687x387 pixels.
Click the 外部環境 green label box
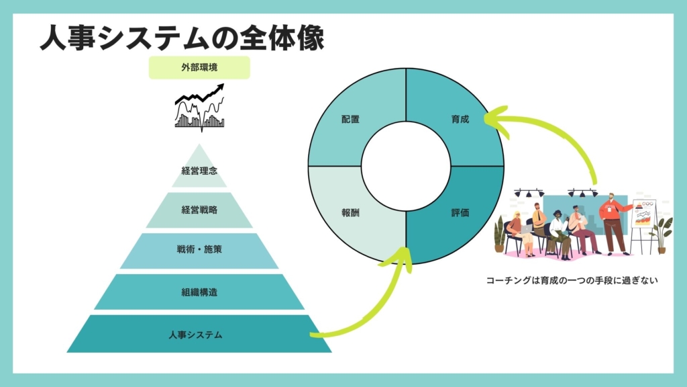(x=199, y=67)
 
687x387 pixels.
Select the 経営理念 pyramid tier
(x=199, y=170)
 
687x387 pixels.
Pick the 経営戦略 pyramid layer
(x=199, y=210)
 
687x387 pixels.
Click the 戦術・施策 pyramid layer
(x=199, y=250)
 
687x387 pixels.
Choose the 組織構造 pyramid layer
(x=199, y=292)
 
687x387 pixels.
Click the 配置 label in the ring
(x=350, y=119)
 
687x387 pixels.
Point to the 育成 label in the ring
(x=460, y=119)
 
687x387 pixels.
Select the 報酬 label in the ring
(x=350, y=212)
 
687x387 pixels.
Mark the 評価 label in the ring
(x=460, y=212)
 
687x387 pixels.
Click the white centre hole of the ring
(x=405, y=166)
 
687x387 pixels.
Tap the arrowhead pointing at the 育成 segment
(x=494, y=122)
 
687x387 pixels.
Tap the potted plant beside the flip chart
(x=663, y=232)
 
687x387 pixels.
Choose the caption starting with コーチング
(x=570, y=280)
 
